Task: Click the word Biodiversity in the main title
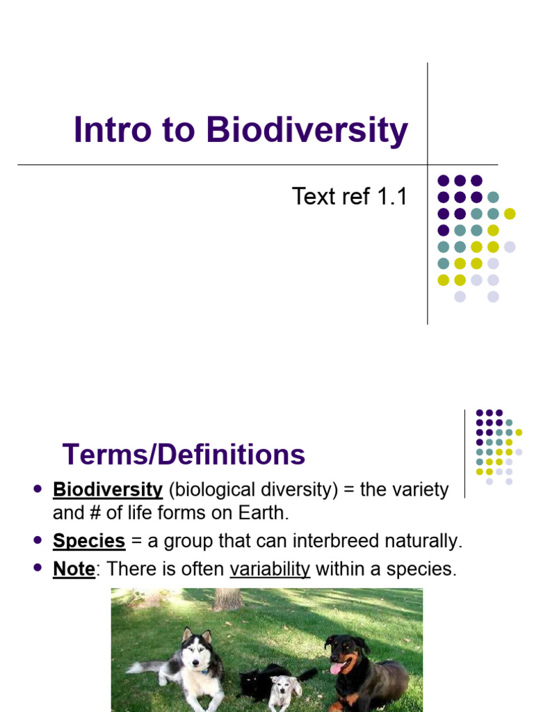(x=307, y=131)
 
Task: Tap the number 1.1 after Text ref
(x=391, y=197)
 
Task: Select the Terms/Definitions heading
(x=184, y=455)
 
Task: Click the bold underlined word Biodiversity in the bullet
(x=108, y=489)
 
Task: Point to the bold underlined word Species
(x=89, y=541)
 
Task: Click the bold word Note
(x=74, y=569)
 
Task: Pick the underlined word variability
(x=270, y=569)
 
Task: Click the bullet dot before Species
(x=38, y=540)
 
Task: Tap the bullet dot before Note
(x=38, y=568)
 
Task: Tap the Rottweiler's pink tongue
(x=337, y=667)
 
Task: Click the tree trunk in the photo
(x=227, y=599)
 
